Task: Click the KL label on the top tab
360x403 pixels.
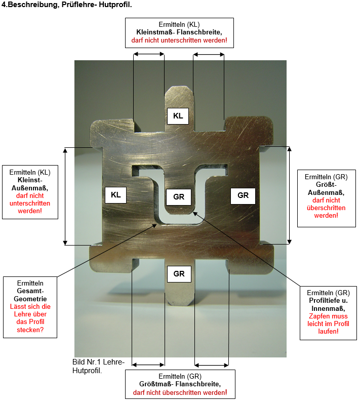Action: pos(178,116)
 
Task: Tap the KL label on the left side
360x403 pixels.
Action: pos(116,195)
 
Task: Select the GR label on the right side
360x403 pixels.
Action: pos(243,195)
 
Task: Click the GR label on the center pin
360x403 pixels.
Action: pos(179,196)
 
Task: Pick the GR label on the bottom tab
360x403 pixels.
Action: pos(179,274)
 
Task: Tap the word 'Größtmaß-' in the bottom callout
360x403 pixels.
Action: pos(157,384)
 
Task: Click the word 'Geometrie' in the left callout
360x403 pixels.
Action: pos(30,299)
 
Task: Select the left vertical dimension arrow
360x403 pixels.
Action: pos(65,196)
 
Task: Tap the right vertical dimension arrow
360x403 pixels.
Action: pos(290,195)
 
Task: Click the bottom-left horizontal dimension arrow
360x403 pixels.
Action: pos(148,364)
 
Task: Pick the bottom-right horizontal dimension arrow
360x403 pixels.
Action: pos(212,364)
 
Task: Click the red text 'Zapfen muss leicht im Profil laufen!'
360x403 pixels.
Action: pos(329,324)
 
